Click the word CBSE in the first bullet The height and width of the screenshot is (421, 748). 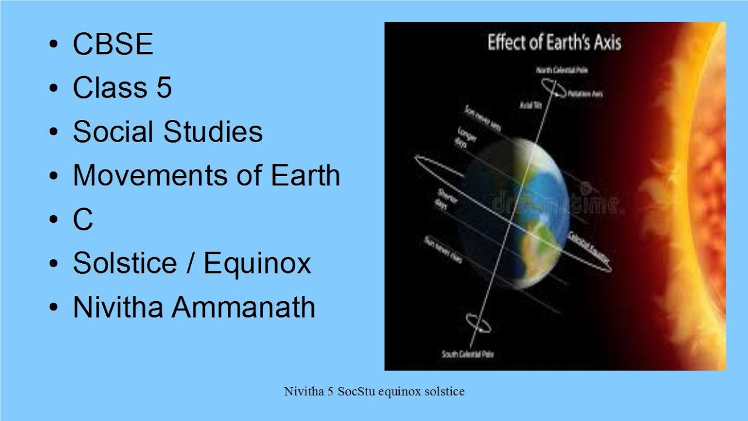coord(113,44)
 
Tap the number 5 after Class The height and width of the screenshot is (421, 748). coord(164,88)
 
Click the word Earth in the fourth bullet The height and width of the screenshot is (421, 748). coord(306,176)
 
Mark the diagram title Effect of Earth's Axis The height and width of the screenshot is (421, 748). coord(554,43)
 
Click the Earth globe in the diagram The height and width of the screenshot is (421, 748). coord(520,213)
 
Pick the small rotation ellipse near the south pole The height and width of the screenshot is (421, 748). coord(477,323)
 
